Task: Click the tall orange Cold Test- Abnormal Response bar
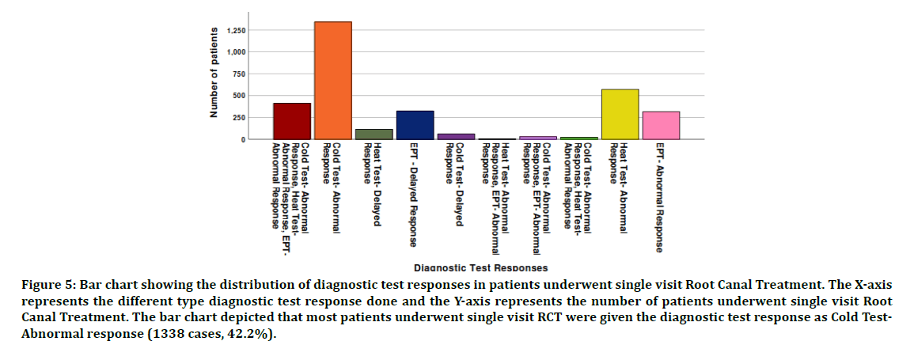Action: click(x=332, y=80)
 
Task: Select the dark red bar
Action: click(x=292, y=121)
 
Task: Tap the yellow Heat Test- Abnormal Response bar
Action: click(x=620, y=114)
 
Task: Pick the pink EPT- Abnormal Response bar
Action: click(x=661, y=125)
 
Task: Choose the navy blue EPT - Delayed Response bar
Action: click(x=415, y=125)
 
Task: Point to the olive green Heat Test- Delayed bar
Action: click(x=374, y=134)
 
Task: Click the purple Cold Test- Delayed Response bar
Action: click(x=456, y=136)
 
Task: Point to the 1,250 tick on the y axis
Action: click(x=236, y=31)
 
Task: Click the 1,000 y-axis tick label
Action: click(x=236, y=52)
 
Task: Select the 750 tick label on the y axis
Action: click(x=238, y=74)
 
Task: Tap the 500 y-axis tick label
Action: click(x=238, y=96)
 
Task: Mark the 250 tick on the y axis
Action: click(x=238, y=118)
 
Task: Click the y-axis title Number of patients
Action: click(x=214, y=73)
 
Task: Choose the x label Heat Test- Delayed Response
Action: click(x=372, y=184)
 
